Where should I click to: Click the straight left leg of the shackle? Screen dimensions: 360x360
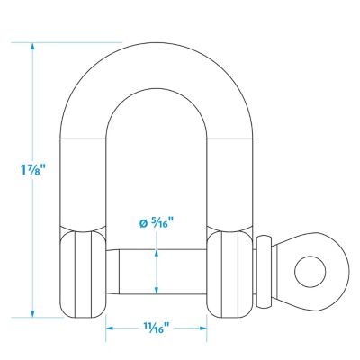point(84,180)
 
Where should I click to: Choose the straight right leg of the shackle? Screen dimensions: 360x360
point(231,180)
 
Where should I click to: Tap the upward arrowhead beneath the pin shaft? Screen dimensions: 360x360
point(157,290)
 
